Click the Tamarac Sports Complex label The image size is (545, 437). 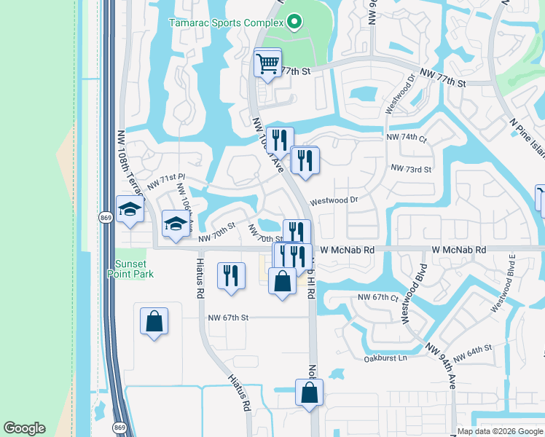point(226,23)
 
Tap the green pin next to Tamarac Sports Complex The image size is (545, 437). point(294,23)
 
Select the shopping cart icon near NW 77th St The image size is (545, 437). point(267,63)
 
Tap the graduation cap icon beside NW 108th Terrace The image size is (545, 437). point(130,210)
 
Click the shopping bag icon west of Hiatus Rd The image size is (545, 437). point(154,321)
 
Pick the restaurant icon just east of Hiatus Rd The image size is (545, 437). point(231,276)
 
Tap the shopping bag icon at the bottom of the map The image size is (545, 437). point(310,393)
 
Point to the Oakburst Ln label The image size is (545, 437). point(385,358)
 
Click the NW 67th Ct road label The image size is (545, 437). point(379,297)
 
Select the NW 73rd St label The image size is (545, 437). point(411,169)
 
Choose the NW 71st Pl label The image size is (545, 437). point(167,182)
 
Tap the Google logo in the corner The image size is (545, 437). point(24,428)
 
